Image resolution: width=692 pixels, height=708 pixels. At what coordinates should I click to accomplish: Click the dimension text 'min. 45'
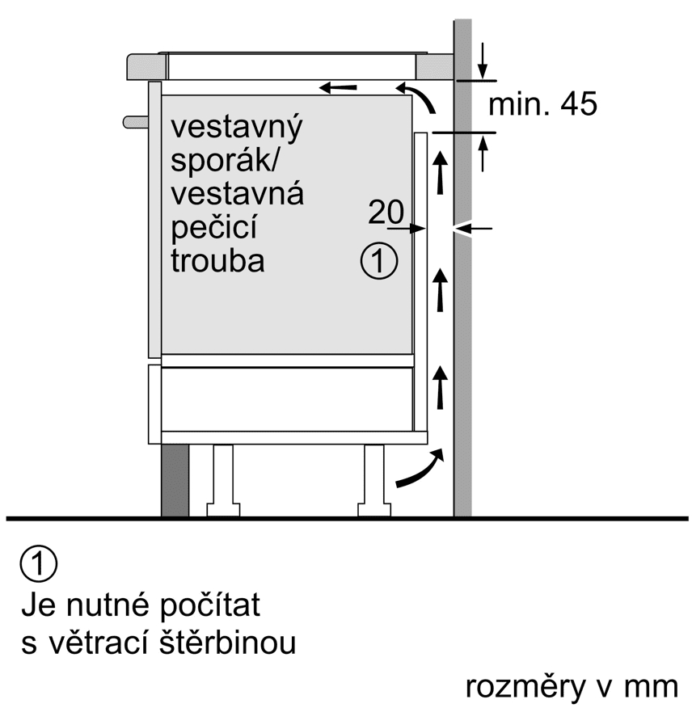(x=543, y=104)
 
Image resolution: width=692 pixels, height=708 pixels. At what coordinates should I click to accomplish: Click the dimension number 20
(x=386, y=213)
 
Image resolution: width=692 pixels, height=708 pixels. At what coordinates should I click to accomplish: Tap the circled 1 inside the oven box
(x=378, y=261)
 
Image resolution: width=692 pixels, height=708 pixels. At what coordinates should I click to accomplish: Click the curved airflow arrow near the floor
(x=420, y=470)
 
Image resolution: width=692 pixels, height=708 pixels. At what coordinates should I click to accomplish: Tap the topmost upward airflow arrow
(x=441, y=171)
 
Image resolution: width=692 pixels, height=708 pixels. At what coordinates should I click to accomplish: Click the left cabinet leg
(x=222, y=481)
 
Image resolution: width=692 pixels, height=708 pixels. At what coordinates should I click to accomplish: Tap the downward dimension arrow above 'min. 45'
(x=483, y=60)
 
